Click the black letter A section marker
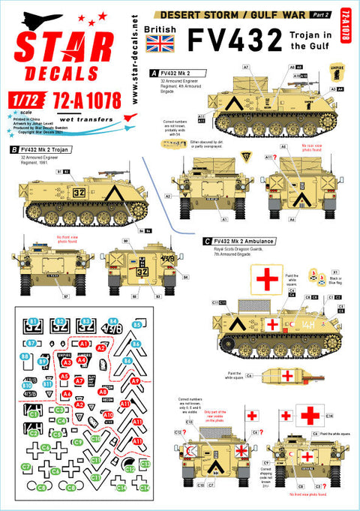pos(154,73)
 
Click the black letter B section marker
pos(15,149)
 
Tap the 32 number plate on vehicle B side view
pos(77,191)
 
